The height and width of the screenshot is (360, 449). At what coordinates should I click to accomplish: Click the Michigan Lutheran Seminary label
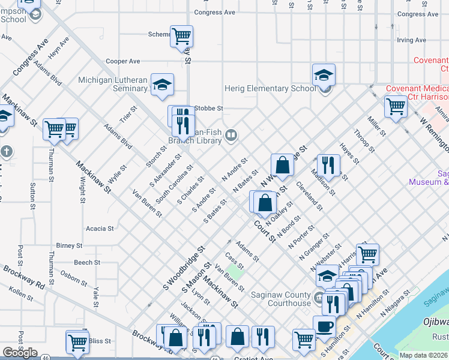[114, 84]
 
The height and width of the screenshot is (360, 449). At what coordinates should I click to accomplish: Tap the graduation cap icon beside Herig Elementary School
[324, 76]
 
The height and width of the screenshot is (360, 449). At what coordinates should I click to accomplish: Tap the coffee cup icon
[325, 327]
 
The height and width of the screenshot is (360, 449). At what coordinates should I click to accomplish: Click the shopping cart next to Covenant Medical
[396, 106]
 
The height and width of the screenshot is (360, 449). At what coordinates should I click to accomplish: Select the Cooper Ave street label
[122, 61]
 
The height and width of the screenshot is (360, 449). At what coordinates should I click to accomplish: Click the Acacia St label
[100, 229]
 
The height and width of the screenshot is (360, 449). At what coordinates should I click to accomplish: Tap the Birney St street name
[69, 245]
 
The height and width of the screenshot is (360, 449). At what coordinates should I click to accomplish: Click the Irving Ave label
[411, 40]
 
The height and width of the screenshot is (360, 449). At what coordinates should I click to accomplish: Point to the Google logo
[20, 353]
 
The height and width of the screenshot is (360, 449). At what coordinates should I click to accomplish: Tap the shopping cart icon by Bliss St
[77, 341]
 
